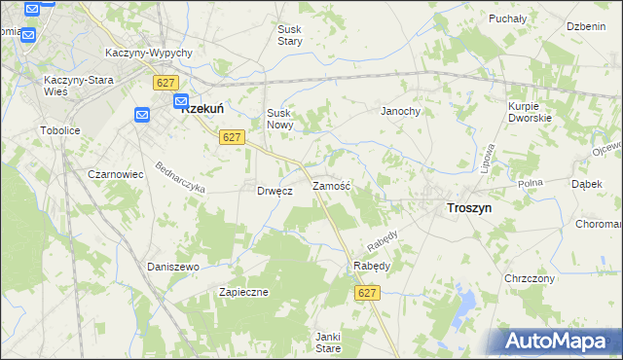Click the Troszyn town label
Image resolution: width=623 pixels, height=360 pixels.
(468, 207)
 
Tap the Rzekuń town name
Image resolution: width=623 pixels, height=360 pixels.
(206, 110)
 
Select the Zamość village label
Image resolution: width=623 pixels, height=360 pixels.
(331, 185)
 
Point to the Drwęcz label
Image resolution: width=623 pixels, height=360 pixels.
(275, 191)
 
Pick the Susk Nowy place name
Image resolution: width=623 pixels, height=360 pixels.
(279, 119)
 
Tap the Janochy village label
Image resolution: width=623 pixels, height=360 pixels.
(400, 111)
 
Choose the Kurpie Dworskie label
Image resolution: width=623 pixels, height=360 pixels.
(530, 111)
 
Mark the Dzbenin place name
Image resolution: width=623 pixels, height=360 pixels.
(586, 25)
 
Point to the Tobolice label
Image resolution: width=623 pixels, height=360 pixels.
(58, 129)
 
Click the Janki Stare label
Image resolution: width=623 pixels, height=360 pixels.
(328, 342)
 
